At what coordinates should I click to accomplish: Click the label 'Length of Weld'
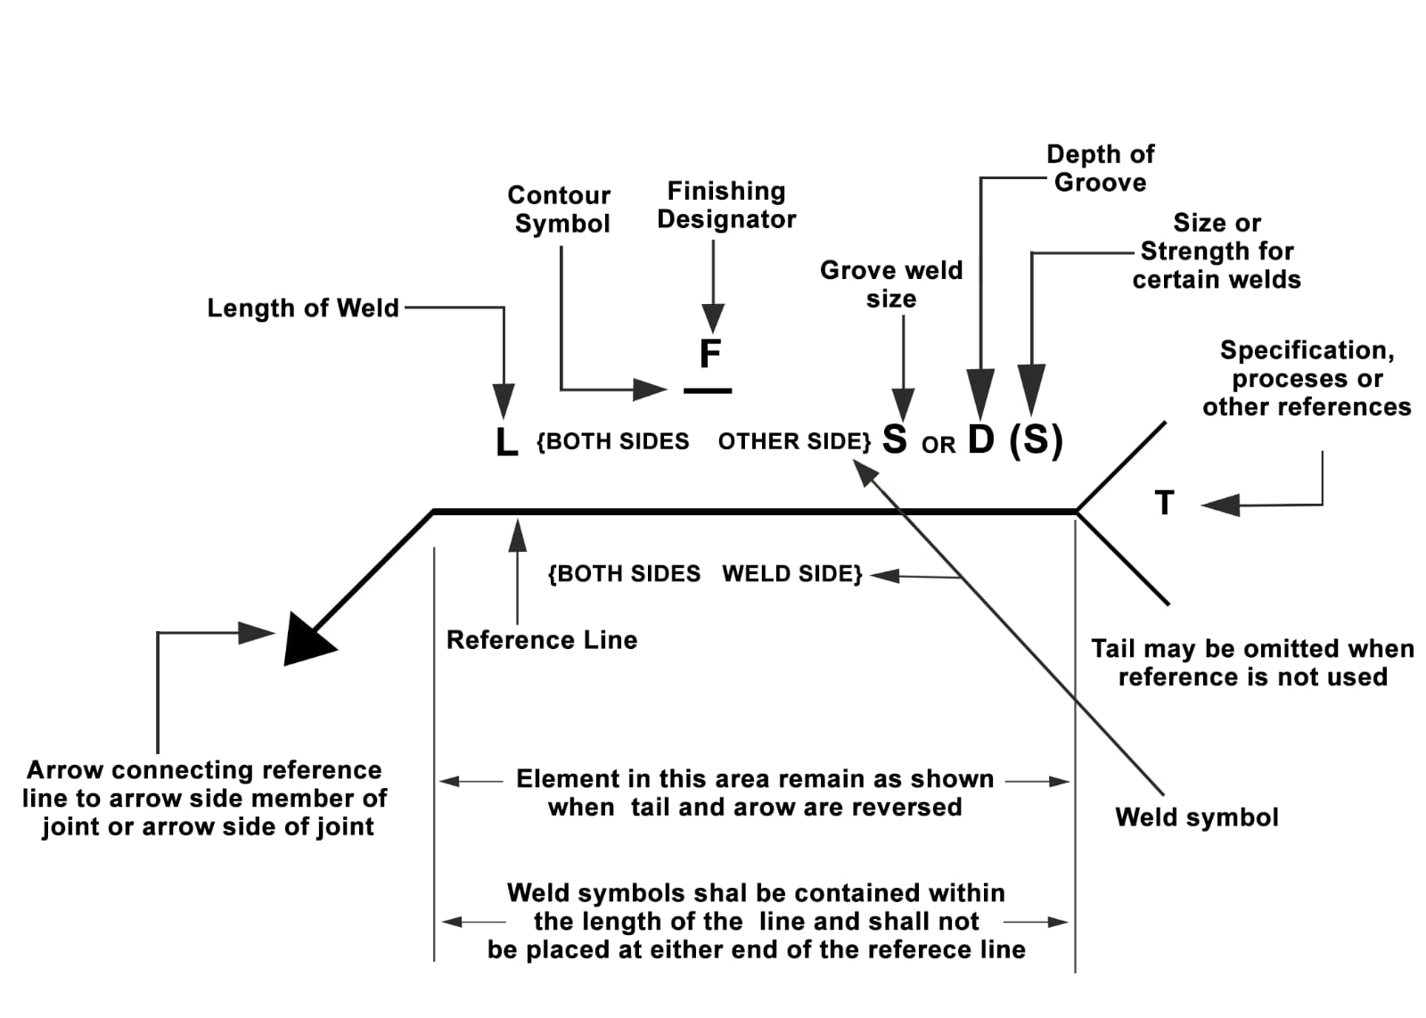click(x=303, y=308)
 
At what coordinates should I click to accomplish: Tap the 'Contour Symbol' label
click(x=560, y=209)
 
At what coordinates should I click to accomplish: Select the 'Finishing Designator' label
click(x=726, y=205)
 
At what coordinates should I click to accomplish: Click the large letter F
click(x=709, y=354)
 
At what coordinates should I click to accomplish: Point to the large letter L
click(x=506, y=441)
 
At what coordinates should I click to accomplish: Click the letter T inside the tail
click(x=1164, y=503)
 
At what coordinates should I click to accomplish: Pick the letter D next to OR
click(x=980, y=439)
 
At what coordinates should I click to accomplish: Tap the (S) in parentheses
click(x=1036, y=440)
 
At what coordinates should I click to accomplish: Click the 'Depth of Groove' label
click(x=1100, y=168)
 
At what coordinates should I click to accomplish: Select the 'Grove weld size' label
click(x=891, y=284)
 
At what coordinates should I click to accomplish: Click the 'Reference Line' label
click(x=542, y=640)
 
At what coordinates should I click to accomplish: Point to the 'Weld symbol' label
click(x=1196, y=817)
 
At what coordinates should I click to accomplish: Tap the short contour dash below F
click(x=708, y=390)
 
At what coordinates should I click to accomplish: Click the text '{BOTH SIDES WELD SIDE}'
click(x=705, y=574)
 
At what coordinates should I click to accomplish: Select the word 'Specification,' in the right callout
click(x=1307, y=350)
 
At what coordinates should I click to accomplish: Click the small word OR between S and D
click(x=938, y=445)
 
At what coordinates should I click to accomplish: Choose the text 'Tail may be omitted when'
click(x=1252, y=649)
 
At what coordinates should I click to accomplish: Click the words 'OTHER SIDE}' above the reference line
click(x=794, y=442)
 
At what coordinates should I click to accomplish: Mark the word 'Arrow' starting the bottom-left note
click(x=66, y=770)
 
